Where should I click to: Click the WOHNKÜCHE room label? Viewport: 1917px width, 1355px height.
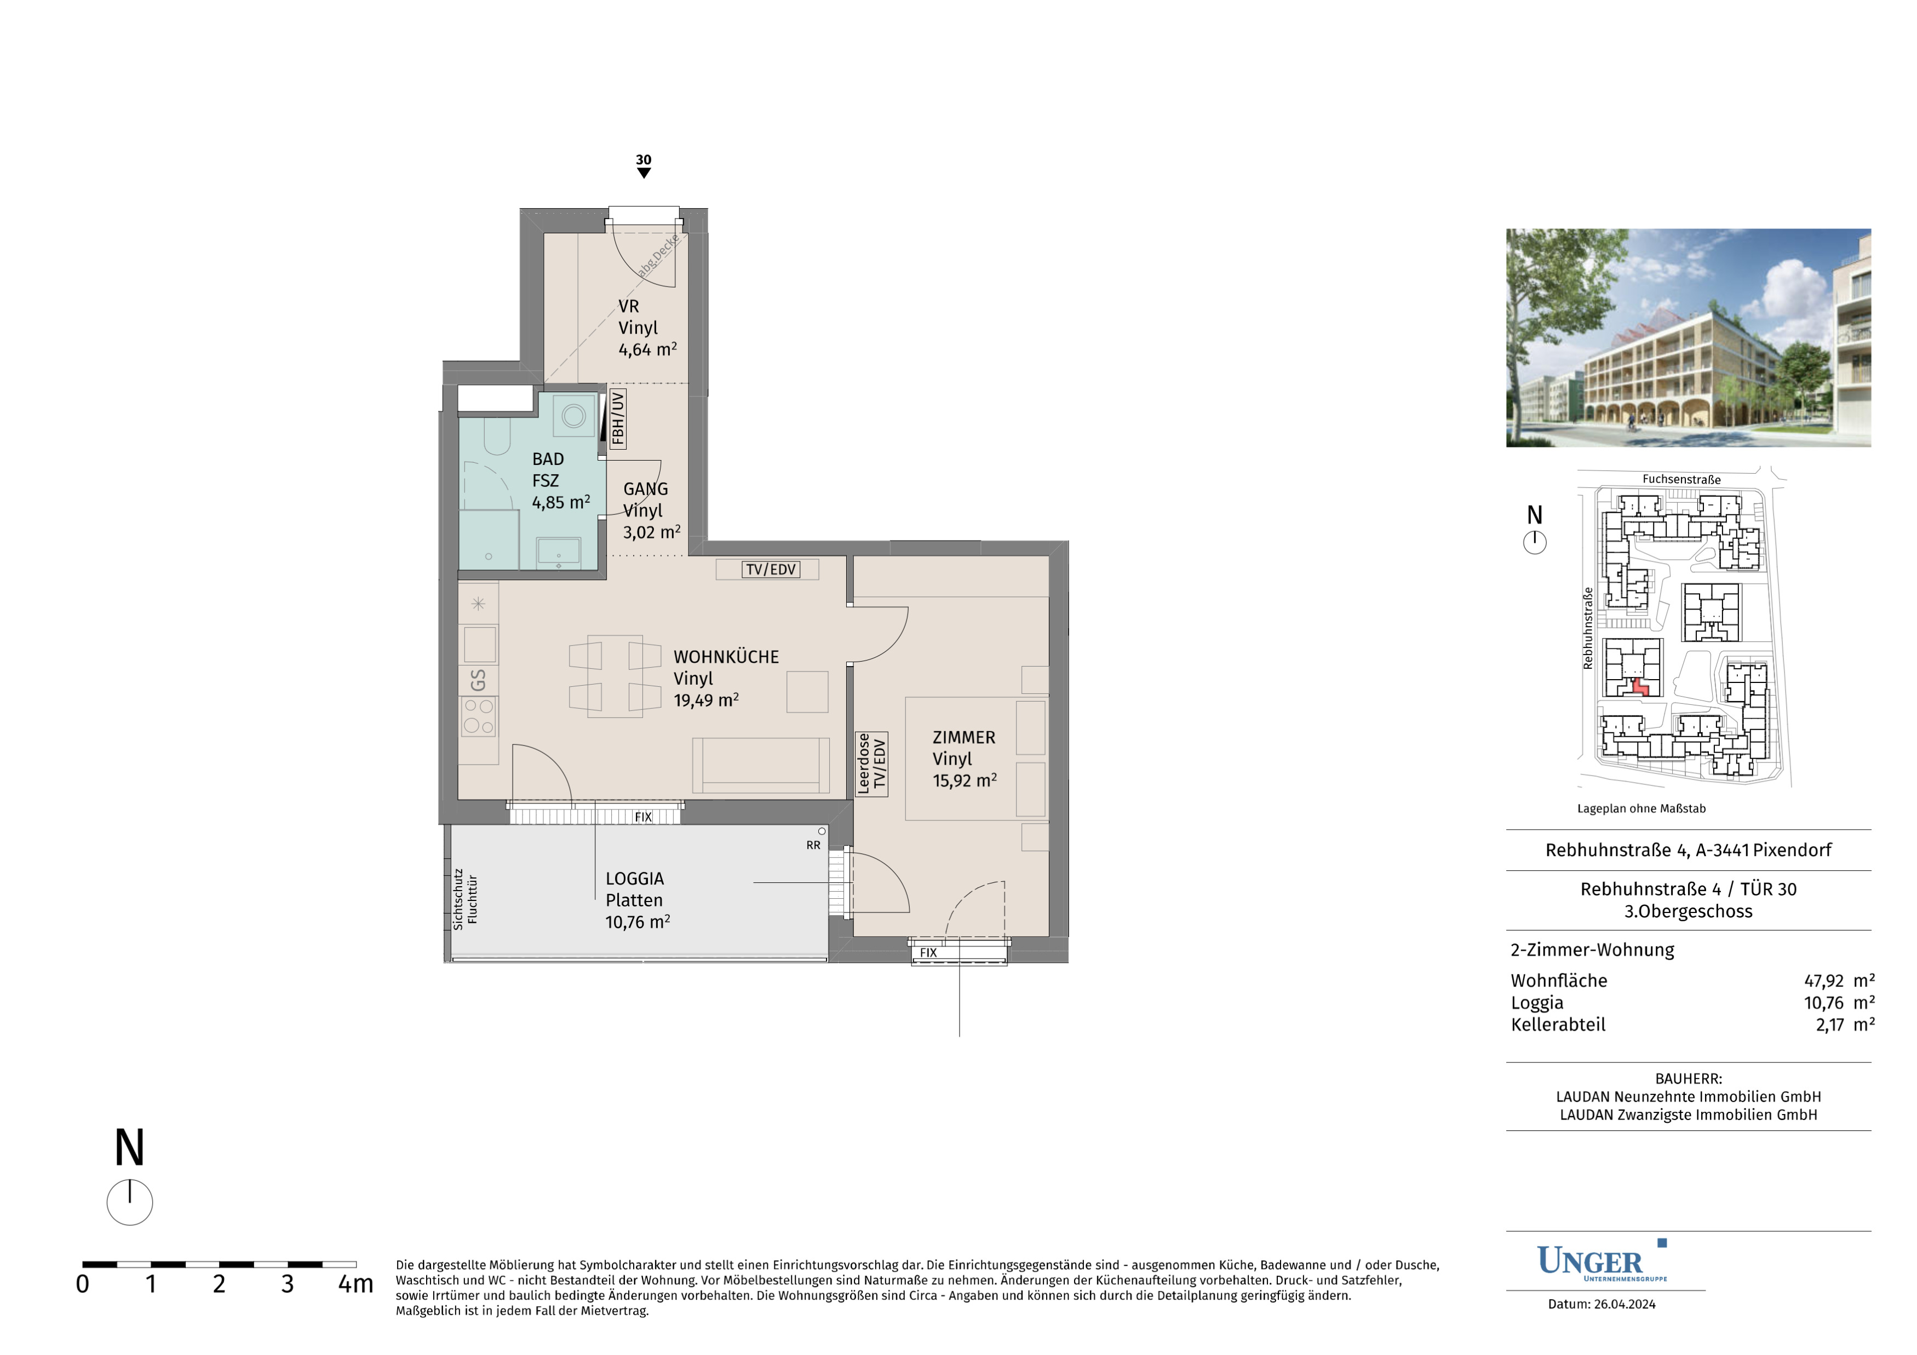click(x=726, y=657)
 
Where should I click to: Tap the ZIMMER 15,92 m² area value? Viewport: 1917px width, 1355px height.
click(x=965, y=780)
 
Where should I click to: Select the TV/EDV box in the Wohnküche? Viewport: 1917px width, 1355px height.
click(x=771, y=570)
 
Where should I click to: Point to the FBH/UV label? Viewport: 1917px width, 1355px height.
click(x=617, y=419)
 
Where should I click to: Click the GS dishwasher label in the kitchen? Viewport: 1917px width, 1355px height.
click(x=478, y=680)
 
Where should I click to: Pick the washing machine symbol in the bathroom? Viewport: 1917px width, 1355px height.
click(x=573, y=415)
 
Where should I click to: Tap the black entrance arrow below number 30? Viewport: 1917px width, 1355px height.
click(x=644, y=173)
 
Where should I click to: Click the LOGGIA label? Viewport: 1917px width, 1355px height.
click(x=635, y=879)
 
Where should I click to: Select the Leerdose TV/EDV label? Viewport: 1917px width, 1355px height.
click(x=871, y=763)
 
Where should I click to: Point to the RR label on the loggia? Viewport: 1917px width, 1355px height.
click(x=813, y=845)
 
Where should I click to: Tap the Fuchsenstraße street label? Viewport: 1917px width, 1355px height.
click(x=1681, y=479)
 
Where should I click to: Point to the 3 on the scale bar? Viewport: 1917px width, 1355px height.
click(x=287, y=1283)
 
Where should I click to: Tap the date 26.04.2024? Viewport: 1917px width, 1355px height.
click(x=1624, y=1304)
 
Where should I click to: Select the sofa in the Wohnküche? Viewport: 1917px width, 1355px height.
click(x=761, y=765)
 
